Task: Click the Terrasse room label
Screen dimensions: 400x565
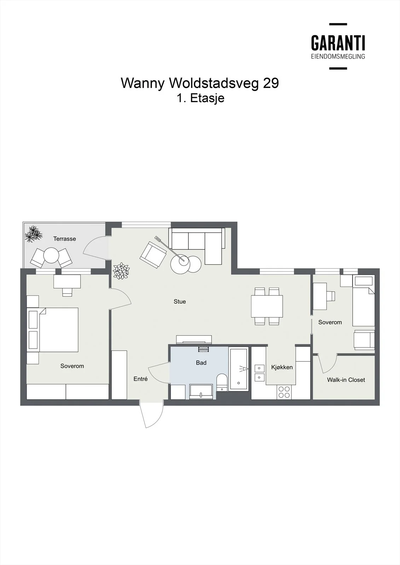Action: coord(64,239)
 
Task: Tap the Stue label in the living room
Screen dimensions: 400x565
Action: coord(180,302)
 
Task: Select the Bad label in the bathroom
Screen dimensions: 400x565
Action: coord(201,363)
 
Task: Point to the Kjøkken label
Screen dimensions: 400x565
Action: coord(282,367)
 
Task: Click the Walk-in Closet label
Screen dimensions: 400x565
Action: coord(346,380)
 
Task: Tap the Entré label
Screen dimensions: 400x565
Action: coord(140,379)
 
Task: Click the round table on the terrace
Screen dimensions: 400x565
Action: coord(51,256)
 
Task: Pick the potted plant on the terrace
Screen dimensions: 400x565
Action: coord(33,234)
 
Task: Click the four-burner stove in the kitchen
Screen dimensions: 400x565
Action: coord(284,392)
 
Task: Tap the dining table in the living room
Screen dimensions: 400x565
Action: coord(267,306)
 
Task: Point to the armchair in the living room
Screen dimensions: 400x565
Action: coord(153,255)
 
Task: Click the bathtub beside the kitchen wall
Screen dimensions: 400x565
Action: coord(238,369)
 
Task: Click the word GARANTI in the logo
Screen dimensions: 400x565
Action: coord(338,43)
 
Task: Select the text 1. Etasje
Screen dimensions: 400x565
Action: coord(201,98)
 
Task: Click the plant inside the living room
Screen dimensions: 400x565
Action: coord(121,271)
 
